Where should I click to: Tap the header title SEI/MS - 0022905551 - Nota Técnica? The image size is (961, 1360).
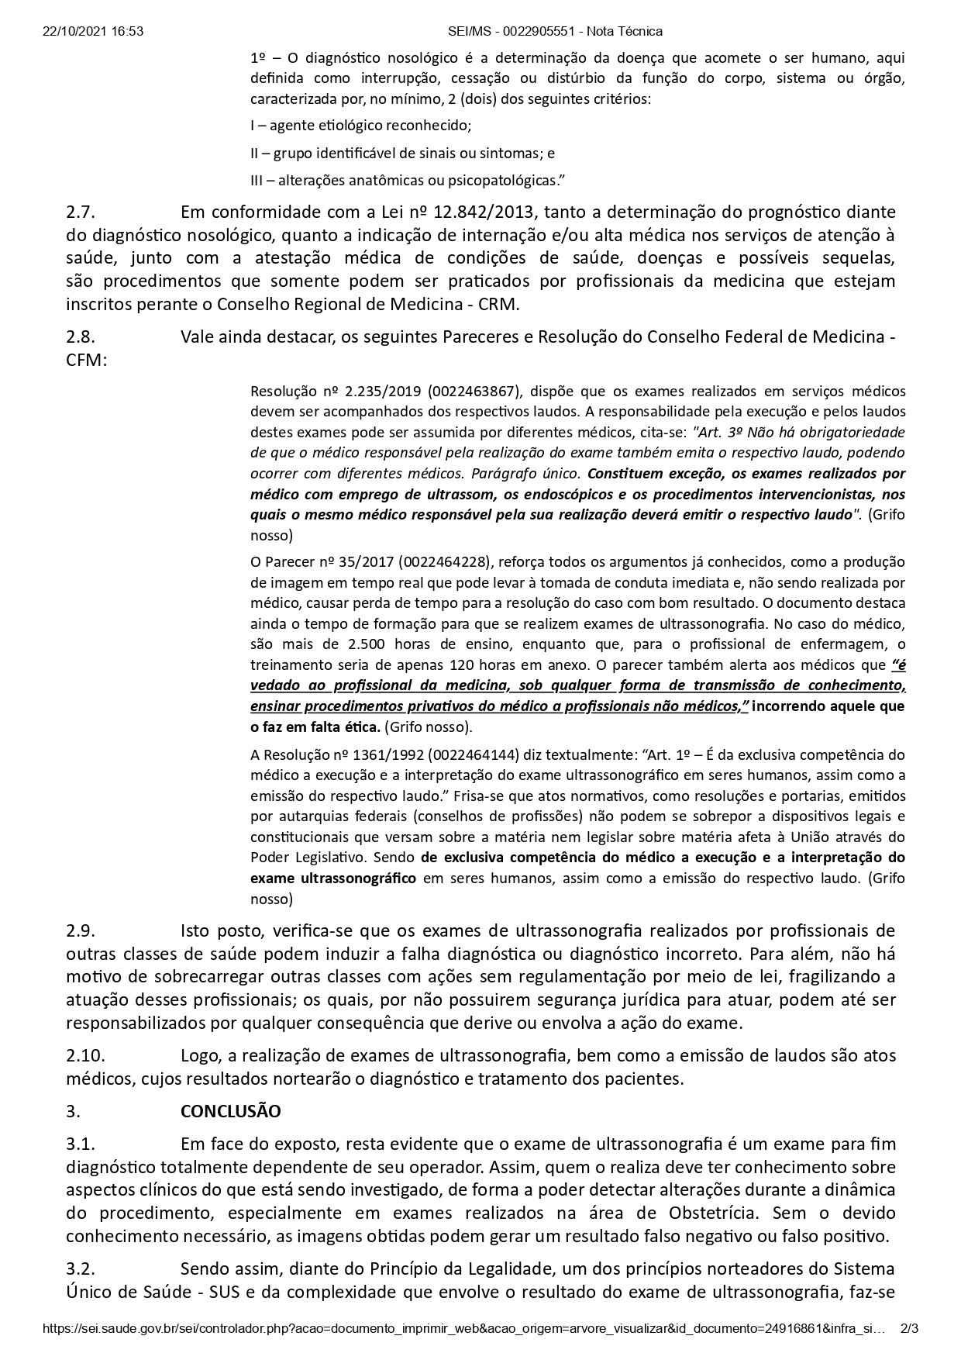click(555, 32)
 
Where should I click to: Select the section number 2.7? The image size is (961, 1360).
click(81, 212)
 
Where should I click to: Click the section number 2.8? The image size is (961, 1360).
click(81, 337)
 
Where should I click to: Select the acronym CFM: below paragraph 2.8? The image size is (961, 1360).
click(86, 361)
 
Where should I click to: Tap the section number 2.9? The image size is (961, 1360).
click(81, 930)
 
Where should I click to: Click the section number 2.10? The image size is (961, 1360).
click(85, 1055)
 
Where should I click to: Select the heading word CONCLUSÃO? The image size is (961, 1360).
click(230, 1111)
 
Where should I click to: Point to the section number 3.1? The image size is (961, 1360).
click(81, 1144)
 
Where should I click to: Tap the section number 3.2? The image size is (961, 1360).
click(81, 1269)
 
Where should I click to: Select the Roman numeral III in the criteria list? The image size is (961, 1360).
click(257, 181)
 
